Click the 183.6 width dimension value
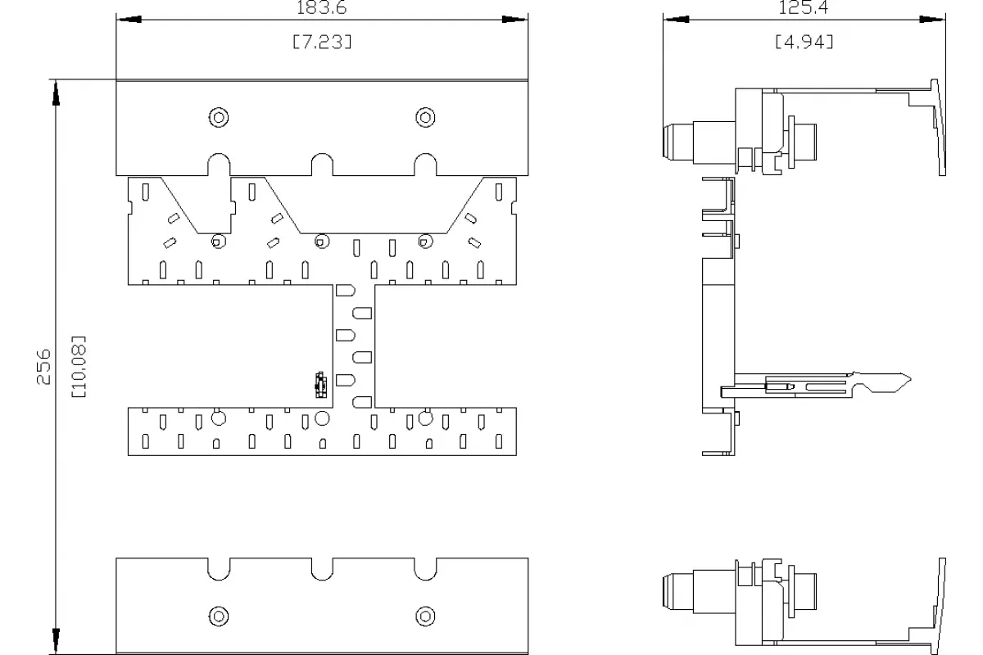click(x=322, y=7)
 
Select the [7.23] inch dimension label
click(x=322, y=42)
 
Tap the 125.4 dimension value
click(x=803, y=7)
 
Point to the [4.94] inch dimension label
click(x=804, y=42)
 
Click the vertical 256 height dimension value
click(x=43, y=367)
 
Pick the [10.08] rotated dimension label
click(x=79, y=367)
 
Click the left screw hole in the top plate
click(x=219, y=118)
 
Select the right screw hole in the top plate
click(x=425, y=118)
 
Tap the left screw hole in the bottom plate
click(x=219, y=617)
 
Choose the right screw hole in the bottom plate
click(x=425, y=617)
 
